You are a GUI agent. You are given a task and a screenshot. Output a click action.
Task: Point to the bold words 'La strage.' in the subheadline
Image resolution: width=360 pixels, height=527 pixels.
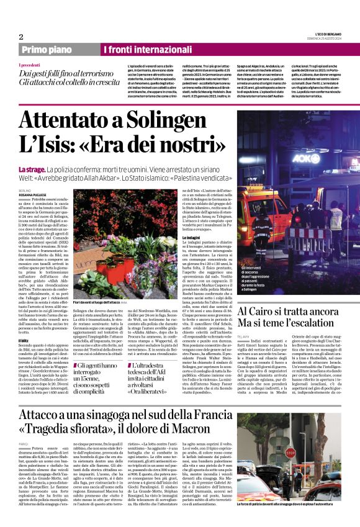point(32,169)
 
